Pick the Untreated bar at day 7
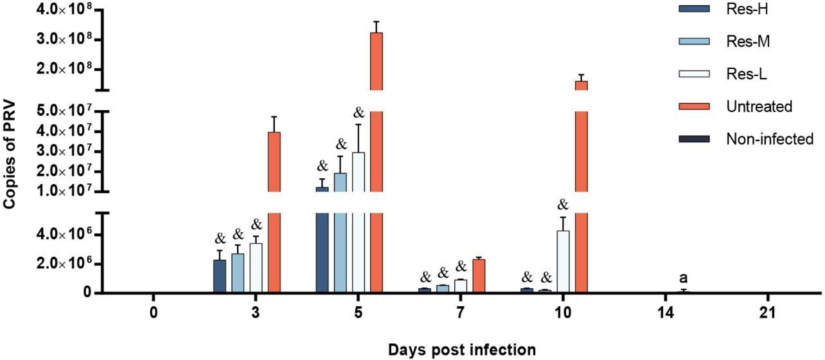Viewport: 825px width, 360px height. coord(479,275)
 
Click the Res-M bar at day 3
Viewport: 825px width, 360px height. coord(238,272)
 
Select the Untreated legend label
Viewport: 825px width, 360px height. coord(759,107)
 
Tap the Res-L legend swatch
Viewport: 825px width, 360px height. coord(694,74)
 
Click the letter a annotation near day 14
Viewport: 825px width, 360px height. coord(683,278)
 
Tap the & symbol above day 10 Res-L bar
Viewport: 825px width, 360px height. coord(563,205)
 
